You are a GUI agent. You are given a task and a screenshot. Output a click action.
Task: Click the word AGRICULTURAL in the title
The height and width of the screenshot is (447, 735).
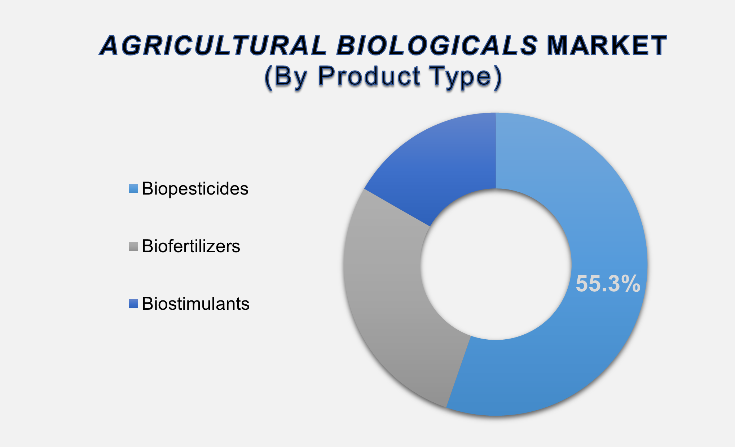tap(213, 46)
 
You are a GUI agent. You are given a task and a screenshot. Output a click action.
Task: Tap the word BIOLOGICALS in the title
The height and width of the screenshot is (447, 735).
tap(437, 46)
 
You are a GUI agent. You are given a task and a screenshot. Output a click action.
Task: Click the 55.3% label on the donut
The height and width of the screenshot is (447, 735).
tap(608, 284)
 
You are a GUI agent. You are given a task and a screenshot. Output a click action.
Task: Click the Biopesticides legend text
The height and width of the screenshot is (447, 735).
tap(195, 189)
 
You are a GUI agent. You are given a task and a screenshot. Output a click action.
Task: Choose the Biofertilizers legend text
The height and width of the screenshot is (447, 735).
tap(191, 246)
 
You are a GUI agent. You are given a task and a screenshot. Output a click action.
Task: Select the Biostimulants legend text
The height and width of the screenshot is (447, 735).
tap(195, 304)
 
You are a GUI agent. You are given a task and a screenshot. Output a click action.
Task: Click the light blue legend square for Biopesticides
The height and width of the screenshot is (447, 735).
tap(133, 189)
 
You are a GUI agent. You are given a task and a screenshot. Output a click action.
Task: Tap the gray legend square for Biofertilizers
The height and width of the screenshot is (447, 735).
tap(133, 246)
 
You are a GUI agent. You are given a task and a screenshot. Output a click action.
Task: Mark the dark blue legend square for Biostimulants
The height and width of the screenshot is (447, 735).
tap(133, 304)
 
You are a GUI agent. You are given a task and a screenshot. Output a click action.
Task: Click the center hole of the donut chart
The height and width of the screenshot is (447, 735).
tap(496, 264)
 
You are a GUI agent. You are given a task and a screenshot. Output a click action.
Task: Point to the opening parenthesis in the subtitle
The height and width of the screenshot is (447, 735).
tap(269, 77)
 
